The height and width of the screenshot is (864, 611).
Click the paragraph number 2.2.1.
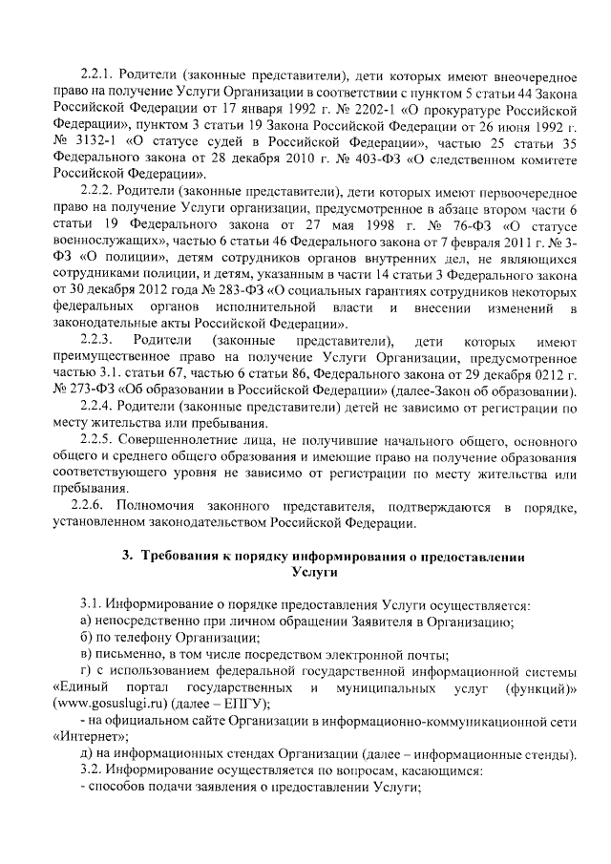(96, 75)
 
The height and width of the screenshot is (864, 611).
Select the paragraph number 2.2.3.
(97, 341)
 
